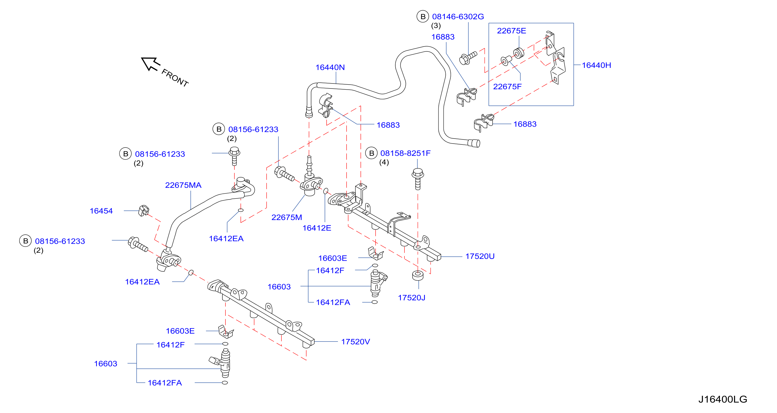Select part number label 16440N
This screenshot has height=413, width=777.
point(330,67)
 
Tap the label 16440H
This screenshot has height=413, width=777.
point(596,65)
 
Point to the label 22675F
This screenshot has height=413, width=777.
point(507,87)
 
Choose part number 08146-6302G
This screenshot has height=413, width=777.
point(458,17)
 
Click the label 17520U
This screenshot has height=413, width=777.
point(480,256)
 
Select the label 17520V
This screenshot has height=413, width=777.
point(355,341)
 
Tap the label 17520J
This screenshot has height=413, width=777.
point(411,298)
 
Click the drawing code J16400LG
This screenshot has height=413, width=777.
point(723,399)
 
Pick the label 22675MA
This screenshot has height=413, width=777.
point(183,185)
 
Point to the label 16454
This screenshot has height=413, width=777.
point(101,211)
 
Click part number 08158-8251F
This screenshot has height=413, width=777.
point(405,153)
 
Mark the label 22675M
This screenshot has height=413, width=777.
point(286,217)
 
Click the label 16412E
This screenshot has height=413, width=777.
point(317,228)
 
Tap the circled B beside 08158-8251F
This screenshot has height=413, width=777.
point(371,153)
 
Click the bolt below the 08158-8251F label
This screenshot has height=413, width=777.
point(418,179)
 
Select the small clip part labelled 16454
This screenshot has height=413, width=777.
point(144,210)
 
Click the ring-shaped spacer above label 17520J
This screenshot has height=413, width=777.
point(418,276)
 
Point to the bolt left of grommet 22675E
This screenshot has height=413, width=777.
point(467,58)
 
